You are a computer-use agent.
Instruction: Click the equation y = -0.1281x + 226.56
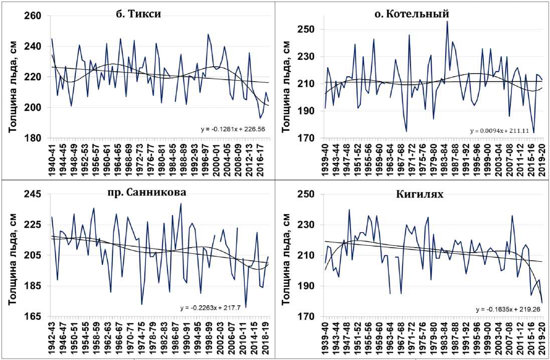coord(235,128)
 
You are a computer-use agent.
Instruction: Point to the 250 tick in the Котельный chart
coord(308,30)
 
